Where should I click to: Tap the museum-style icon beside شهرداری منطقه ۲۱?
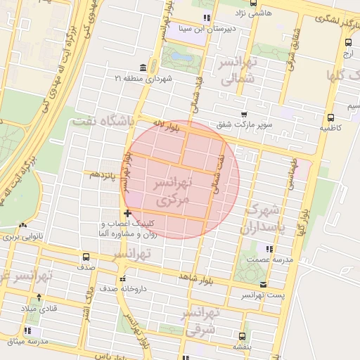[143, 67]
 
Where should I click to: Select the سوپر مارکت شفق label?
[245, 125]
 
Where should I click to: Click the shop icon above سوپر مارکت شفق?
[244, 114]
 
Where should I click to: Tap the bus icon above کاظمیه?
[330, 118]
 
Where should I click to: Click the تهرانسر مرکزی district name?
[171, 191]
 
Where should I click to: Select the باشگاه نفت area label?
[102, 120]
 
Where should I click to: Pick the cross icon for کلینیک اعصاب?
[127, 213]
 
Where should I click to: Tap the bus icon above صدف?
[86, 257]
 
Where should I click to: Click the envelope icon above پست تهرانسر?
[263, 285]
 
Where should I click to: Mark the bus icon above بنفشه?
[243, 336]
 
